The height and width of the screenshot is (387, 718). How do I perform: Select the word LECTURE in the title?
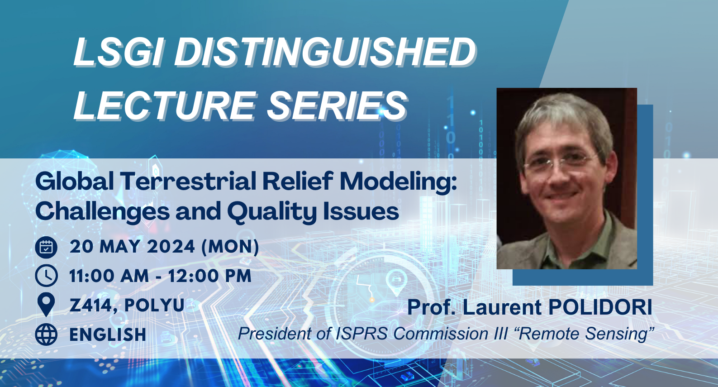pyautogui.click(x=165, y=105)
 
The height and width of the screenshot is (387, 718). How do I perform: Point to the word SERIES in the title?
pyautogui.click(x=337, y=105)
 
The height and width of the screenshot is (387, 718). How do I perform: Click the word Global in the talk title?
pyautogui.click(x=75, y=182)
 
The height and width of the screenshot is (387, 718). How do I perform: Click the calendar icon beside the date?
pyautogui.click(x=46, y=247)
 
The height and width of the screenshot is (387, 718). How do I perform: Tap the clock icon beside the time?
pyautogui.click(x=46, y=276)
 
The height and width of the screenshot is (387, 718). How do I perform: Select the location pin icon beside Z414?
pyautogui.click(x=46, y=304)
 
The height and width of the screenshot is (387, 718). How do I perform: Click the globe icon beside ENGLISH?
pyautogui.click(x=46, y=334)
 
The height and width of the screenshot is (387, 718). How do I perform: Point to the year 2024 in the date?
pyautogui.click(x=171, y=247)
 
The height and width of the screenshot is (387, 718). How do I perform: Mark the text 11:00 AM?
pyautogui.click(x=109, y=276)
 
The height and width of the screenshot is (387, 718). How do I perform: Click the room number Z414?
pyautogui.click(x=89, y=306)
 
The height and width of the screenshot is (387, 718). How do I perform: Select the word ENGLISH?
pyautogui.click(x=108, y=335)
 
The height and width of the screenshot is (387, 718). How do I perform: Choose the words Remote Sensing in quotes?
pyautogui.click(x=584, y=334)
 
